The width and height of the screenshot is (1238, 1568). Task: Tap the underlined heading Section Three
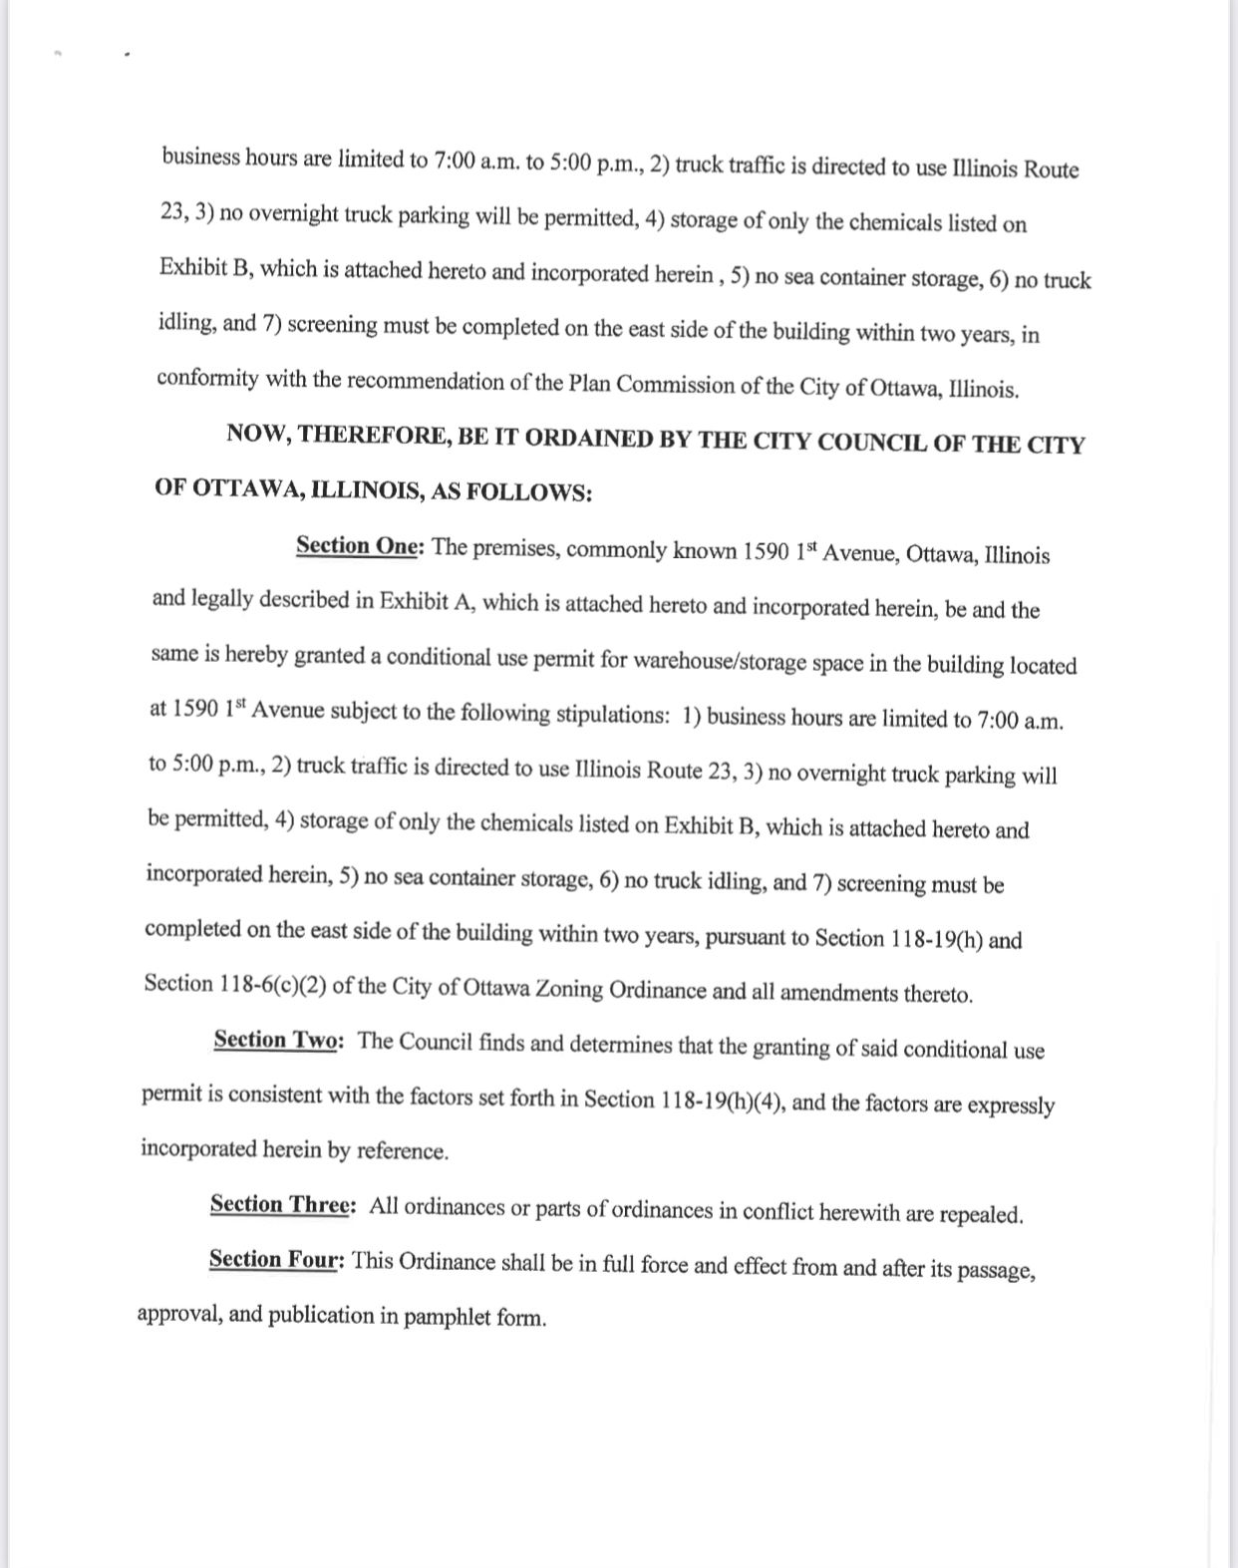(280, 1204)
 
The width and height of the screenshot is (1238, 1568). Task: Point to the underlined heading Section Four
(275, 1259)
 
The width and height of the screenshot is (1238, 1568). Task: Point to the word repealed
(981, 1214)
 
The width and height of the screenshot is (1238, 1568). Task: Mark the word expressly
(1011, 1104)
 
